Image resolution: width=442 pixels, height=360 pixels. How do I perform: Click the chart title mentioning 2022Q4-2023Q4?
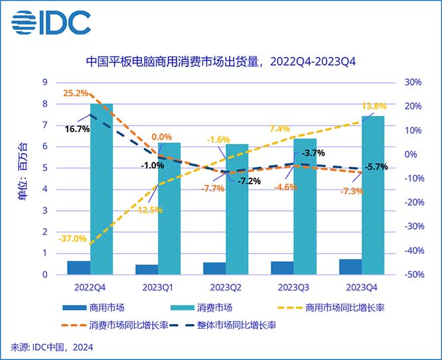(x=222, y=63)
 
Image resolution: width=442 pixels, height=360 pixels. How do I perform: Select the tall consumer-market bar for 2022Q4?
(x=102, y=188)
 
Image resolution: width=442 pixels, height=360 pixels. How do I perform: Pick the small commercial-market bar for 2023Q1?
(x=147, y=269)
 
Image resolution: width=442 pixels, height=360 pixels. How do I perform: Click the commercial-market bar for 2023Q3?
(x=282, y=267)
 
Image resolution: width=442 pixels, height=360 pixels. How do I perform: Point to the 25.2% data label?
(x=76, y=92)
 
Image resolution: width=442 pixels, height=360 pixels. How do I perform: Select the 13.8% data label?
(x=374, y=106)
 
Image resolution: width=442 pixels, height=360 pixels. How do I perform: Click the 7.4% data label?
(x=279, y=129)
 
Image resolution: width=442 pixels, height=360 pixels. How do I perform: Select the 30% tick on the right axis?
(x=413, y=82)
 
